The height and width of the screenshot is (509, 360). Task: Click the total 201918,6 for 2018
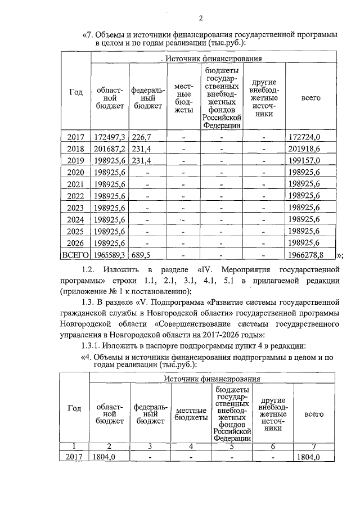point(304,148)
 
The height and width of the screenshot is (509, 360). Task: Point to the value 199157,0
point(304,160)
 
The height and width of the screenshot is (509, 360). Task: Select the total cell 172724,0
point(304,137)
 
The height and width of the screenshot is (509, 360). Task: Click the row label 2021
point(75,184)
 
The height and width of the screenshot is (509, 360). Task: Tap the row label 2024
point(75,219)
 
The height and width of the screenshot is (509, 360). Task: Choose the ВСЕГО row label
point(75,255)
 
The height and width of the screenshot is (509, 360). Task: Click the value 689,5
point(142,255)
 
